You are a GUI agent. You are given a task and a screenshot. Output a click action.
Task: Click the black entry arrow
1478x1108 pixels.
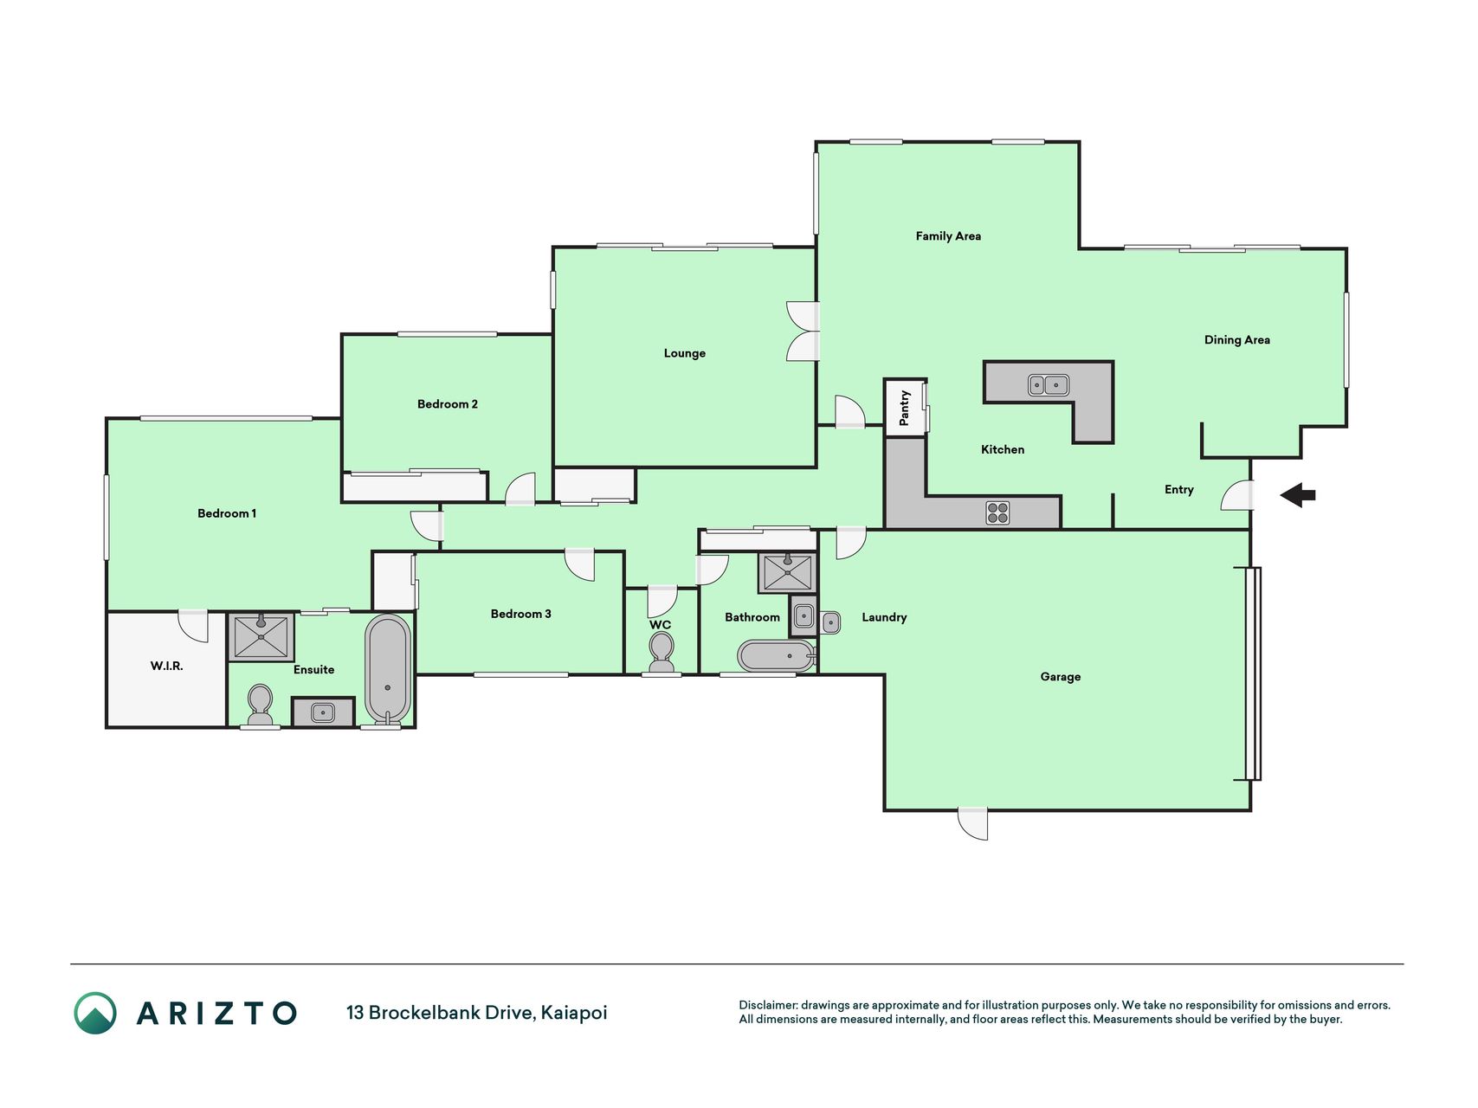point(1298,496)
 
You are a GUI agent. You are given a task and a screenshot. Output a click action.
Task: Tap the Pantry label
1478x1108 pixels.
point(905,408)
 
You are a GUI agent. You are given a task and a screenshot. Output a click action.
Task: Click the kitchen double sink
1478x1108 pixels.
point(1049,384)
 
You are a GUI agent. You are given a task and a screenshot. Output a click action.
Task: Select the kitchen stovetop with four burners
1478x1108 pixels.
point(997,513)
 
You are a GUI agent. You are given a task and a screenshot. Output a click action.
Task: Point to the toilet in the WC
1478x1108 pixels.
point(662,652)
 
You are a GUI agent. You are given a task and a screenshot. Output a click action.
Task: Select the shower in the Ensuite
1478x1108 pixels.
point(261,636)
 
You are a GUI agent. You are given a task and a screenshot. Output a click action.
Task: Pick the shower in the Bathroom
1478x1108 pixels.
point(787,573)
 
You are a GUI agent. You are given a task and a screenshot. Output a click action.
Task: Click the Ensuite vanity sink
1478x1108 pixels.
point(323,712)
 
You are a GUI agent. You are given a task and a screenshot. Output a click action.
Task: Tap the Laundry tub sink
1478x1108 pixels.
point(830,622)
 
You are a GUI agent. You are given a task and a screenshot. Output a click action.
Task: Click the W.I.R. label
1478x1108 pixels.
point(167,666)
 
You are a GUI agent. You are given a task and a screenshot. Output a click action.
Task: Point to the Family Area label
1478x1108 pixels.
point(948,235)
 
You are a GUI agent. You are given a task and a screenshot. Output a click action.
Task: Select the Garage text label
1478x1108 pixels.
point(1061,677)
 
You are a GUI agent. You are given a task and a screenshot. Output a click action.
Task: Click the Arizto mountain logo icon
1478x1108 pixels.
point(95,1013)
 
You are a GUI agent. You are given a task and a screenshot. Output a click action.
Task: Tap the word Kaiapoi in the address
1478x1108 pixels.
point(574,1013)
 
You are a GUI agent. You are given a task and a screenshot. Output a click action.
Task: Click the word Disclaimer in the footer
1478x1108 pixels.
point(767,1005)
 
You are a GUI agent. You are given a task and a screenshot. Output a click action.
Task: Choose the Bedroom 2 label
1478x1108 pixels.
point(448,404)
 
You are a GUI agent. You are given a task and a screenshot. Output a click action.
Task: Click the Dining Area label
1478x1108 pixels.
point(1237,340)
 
